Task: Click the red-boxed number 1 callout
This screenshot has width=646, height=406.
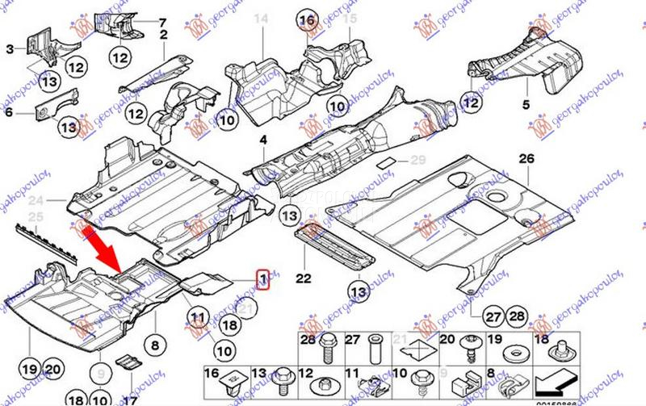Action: [262, 278]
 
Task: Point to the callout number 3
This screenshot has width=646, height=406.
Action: [10, 49]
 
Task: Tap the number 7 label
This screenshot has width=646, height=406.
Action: [161, 21]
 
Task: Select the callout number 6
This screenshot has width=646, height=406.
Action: [9, 113]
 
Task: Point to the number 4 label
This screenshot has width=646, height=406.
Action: [262, 140]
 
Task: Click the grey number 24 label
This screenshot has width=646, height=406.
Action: [36, 201]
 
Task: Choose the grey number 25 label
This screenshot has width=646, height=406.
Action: [35, 216]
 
